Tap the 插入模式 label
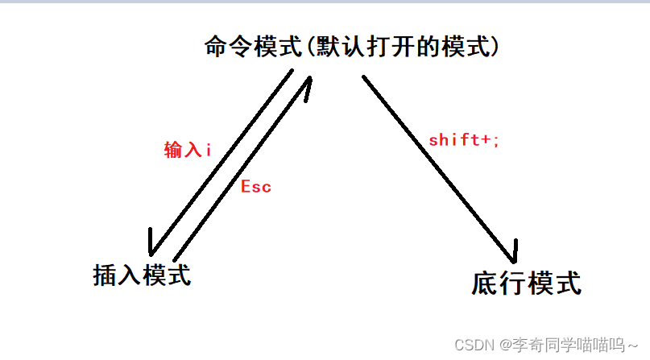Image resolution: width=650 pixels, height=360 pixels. [x=142, y=275]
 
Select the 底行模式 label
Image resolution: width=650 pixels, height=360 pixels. [x=526, y=283]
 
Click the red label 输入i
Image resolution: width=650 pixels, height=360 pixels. [x=188, y=150]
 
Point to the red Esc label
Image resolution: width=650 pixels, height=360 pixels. [x=256, y=187]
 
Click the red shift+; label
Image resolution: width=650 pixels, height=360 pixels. [x=464, y=139]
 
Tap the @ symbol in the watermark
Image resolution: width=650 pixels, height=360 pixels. [x=506, y=345]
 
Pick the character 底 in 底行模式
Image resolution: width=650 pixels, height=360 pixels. [x=485, y=283]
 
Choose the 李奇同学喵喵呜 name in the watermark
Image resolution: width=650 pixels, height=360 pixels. [x=569, y=345]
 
